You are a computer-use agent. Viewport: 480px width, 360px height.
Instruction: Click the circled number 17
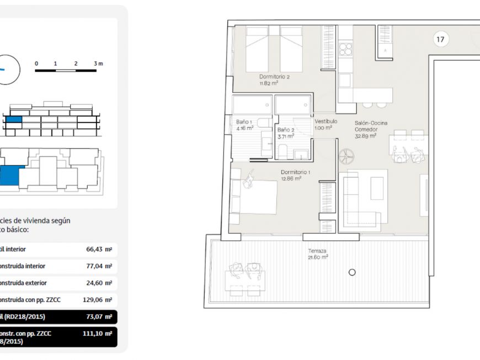(440, 39)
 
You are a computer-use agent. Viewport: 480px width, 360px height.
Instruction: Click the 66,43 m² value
(99, 250)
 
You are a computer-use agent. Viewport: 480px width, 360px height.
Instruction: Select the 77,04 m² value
(99, 266)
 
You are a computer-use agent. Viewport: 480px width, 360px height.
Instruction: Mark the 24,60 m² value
(99, 283)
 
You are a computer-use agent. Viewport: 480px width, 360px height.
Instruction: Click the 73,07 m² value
(99, 317)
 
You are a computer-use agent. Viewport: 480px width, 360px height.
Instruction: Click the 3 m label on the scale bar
(98, 63)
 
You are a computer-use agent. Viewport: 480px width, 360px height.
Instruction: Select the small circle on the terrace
(352, 272)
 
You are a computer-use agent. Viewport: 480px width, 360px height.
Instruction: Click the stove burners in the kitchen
(345, 50)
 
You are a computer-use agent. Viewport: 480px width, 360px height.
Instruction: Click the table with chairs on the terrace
(246, 280)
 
